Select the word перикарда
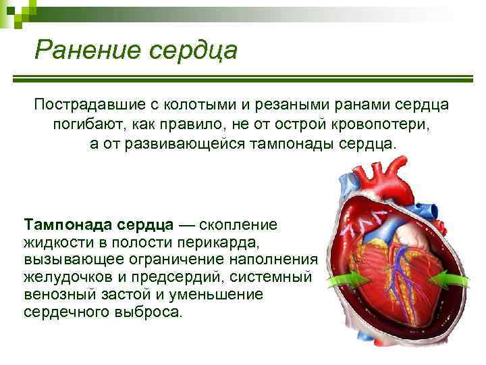pyautogui.click(x=221, y=241)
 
